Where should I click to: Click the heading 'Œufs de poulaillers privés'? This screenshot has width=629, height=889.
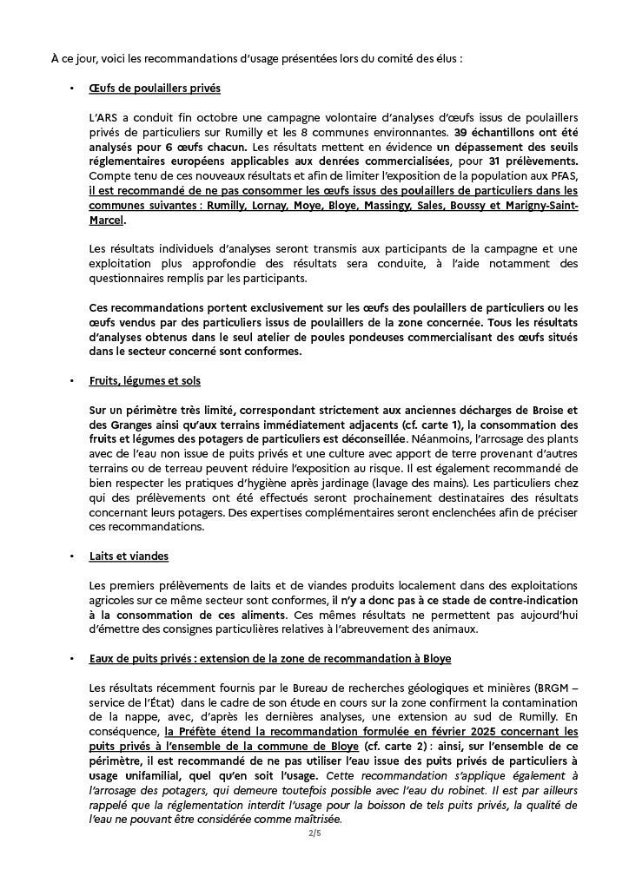(x=154, y=89)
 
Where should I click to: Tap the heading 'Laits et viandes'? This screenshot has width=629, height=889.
(x=129, y=556)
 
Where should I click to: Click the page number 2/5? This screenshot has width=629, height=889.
(x=314, y=833)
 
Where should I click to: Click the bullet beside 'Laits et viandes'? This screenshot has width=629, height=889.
(x=71, y=556)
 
